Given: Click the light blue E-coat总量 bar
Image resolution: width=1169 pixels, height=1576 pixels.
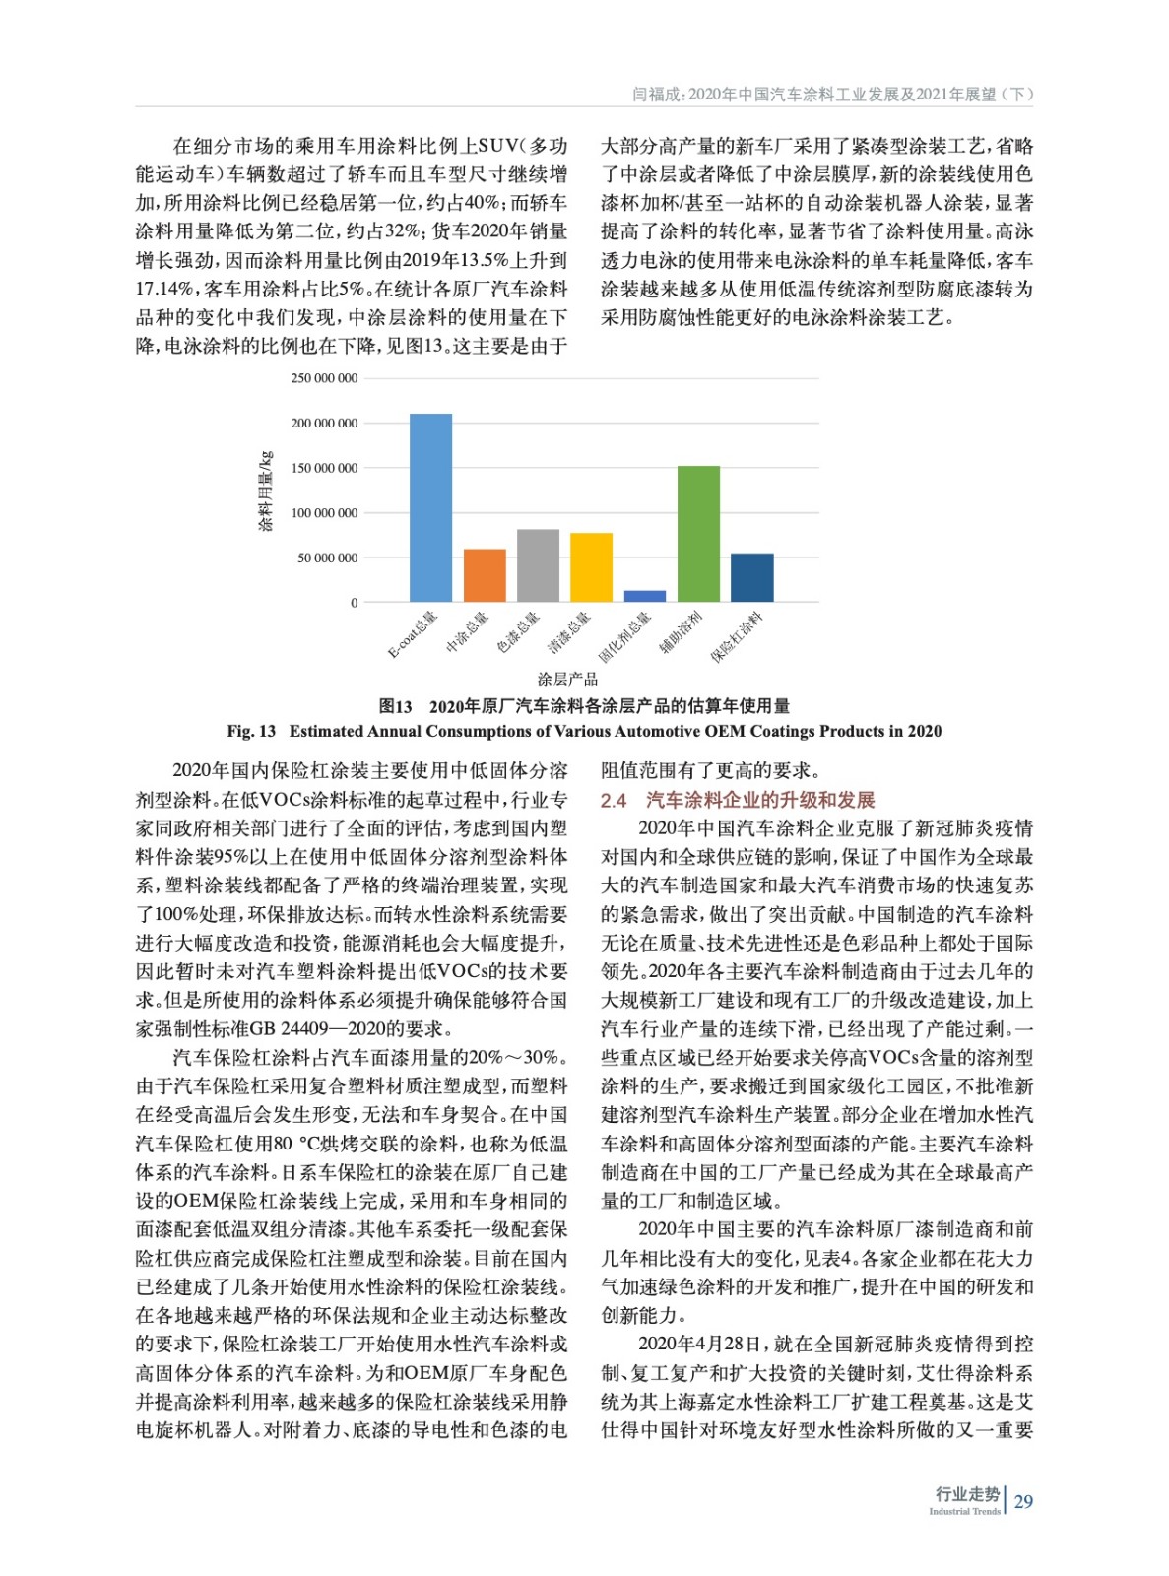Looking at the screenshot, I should click(x=430, y=507).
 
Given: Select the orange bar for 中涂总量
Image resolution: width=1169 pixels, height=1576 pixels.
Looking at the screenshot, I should click(x=485, y=575).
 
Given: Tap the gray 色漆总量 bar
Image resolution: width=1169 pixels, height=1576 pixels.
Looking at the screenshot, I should click(x=538, y=565).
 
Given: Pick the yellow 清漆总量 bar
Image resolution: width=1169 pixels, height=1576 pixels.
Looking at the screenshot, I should click(x=591, y=567).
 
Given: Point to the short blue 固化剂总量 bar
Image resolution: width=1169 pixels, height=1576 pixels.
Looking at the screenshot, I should click(x=645, y=596).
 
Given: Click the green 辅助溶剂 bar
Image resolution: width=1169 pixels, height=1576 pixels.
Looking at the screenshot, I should click(x=698, y=533).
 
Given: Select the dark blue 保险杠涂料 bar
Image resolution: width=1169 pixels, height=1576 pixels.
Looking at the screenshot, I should click(x=751, y=577).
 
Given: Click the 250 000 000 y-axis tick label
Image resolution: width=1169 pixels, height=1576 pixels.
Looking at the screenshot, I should click(x=324, y=378).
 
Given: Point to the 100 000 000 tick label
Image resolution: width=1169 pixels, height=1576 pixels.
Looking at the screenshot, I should click(x=324, y=513).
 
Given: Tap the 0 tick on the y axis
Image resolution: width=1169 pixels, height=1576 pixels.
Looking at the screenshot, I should click(x=354, y=603).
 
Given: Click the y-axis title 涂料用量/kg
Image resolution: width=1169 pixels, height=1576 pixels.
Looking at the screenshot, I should click(x=265, y=492).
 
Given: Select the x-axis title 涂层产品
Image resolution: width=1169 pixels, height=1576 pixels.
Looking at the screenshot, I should click(x=567, y=679).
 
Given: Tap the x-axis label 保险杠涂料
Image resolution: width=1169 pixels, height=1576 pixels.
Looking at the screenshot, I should click(x=737, y=636).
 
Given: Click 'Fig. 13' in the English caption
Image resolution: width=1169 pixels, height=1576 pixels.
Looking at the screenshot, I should click(x=251, y=731).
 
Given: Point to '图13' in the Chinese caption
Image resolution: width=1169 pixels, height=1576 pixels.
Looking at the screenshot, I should click(x=396, y=706).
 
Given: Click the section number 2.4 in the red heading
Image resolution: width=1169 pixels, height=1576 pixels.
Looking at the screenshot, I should click(x=614, y=800).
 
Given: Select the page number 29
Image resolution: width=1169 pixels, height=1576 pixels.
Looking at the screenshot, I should click(x=1023, y=1501).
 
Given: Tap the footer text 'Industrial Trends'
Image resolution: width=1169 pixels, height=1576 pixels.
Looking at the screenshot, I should click(x=964, y=1511).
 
